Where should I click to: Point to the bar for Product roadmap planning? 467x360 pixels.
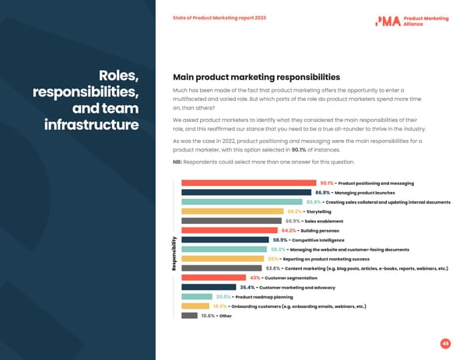point(197,297)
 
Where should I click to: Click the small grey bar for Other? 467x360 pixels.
point(189,316)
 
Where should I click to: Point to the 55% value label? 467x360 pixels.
point(272,259)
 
